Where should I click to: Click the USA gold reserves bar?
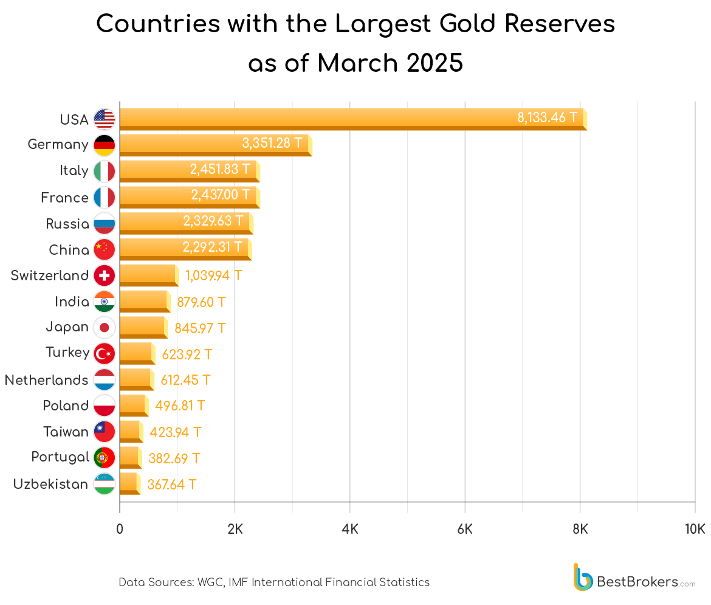pos(316,119)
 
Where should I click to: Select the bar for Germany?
pos(182,145)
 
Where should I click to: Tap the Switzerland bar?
pos(148,275)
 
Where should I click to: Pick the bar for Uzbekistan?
pos(129,484)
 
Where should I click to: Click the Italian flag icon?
pos(105,171)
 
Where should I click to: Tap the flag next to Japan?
pos(105,328)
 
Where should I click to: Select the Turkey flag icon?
pos(105,353)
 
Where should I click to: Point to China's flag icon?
pos(105,249)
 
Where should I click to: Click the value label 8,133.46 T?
pos(548,117)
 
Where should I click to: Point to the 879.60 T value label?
pos(201,302)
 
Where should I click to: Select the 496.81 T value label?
pos(180,406)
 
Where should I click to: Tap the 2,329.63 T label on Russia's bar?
pos(213,221)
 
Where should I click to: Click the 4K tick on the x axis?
pos(350,528)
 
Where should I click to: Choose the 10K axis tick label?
pos(694,528)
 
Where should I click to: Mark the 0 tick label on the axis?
pos(120,528)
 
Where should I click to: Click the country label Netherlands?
pos(46,380)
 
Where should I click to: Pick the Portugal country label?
pos(60,457)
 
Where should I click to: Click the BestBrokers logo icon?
pos(583,577)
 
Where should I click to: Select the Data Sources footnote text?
pos(274,582)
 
